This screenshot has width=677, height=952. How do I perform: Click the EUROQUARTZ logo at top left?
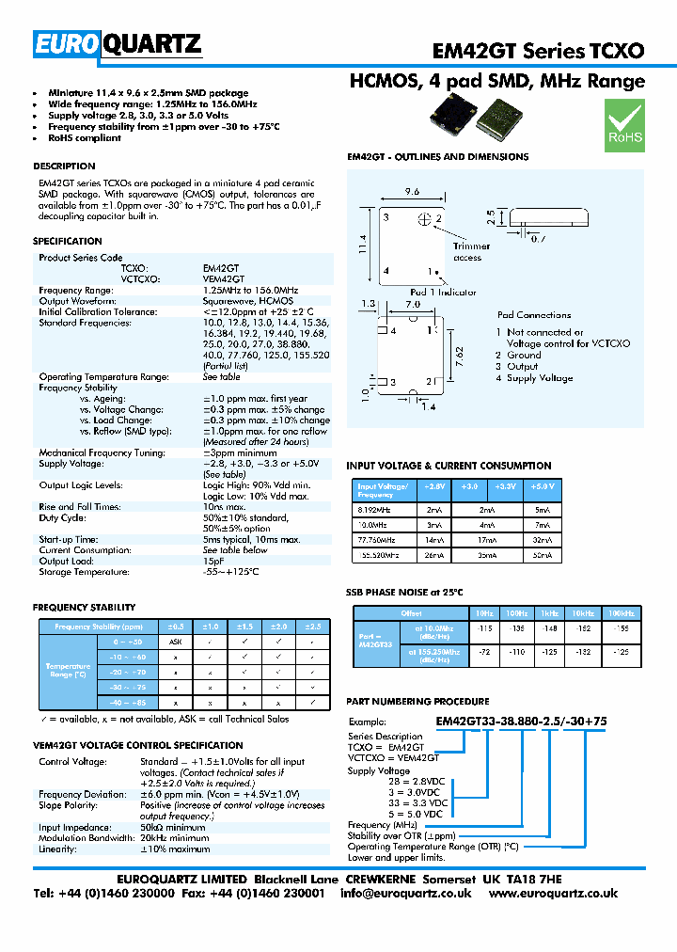coord(117,43)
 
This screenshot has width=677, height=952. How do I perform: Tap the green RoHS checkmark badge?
coord(623,125)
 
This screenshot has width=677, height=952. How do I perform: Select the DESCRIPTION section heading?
coord(64,167)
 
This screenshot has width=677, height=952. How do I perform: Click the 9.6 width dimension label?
coord(412,191)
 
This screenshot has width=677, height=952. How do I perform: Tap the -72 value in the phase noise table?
coord(485,651)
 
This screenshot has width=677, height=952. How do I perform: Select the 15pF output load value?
coord(214,561)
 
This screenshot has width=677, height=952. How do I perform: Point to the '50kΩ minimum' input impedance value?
coord(174,827)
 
